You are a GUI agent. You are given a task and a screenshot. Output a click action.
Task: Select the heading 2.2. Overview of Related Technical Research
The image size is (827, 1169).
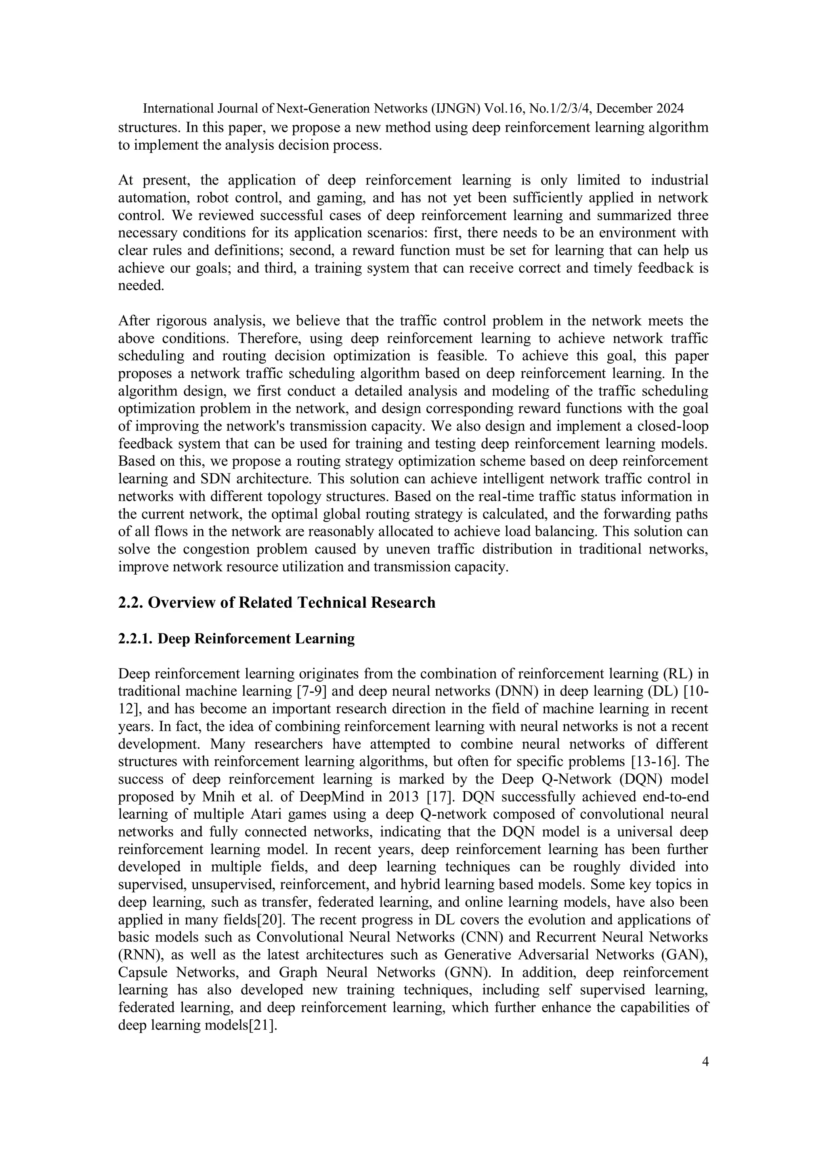pyautogui.click(x=277, y=602)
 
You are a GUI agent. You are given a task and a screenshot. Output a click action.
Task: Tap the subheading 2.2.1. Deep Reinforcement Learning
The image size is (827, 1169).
pyautogui.click(x=237, y=638)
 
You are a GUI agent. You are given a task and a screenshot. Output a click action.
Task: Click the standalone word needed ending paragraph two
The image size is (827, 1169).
pyautogui.click(x=141, y=286)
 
